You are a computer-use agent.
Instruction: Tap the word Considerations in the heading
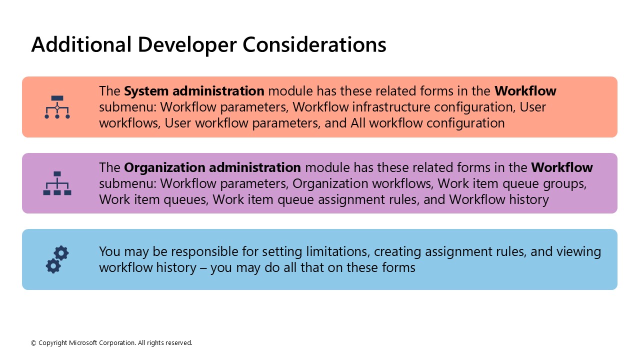pos(314,44)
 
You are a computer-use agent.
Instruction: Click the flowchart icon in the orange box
pos(57,107)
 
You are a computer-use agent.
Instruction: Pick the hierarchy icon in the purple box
pos(57,183)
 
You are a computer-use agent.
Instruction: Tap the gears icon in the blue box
pos(57,259)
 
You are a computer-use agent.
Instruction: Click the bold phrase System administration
pos(194,91)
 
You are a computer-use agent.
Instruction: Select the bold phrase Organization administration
pos(212,167)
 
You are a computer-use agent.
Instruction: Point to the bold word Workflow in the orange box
pos(525,91)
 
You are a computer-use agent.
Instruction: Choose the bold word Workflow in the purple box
pos(561,167)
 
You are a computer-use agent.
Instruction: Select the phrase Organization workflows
pos(362,183)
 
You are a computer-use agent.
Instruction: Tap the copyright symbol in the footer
pos(33,343)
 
